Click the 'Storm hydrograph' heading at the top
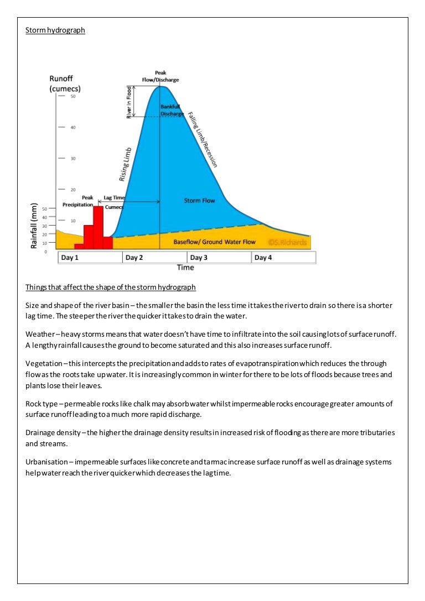[x=55, y=30]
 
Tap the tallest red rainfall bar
[x=98, y=227]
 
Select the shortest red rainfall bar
[x=79, y=246]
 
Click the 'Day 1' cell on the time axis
[x=70, y=258]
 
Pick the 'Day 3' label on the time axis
[x=199, y=258]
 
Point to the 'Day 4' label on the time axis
[x=263, y=258]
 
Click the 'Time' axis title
[x=185, y=268]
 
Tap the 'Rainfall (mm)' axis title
[x=34, y=226]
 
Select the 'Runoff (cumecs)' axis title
[x=65, y=83]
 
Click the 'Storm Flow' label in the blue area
[x=199, y=200]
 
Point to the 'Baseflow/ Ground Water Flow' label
[x=214, y=242]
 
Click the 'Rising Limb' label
[x=126, y=164]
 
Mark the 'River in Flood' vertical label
[x=129, y=102]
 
